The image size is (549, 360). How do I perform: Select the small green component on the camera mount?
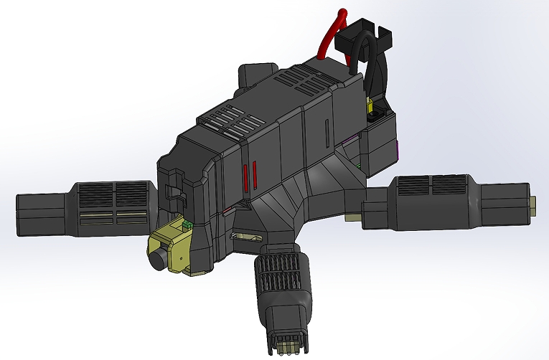tap(187, 225)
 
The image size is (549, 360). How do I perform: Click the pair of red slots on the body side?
tap(248, 177)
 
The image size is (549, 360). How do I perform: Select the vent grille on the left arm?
tap(115, 194)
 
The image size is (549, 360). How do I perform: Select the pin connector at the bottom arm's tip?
tap(287, 344)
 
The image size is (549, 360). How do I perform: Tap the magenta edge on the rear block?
tap(398, 149)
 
